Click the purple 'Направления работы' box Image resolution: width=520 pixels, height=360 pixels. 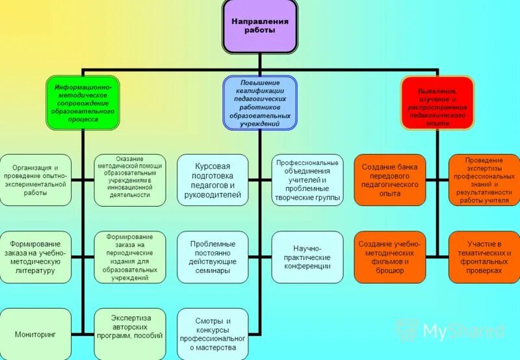(x=259, y=26)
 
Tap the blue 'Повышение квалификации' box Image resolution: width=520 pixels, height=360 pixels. (x=260, y=103)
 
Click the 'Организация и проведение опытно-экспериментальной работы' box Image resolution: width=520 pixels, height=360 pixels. (x=35, y=180)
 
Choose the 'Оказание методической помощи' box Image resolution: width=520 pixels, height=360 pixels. (x=130, y=180)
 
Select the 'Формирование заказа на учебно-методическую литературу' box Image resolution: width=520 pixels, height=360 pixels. (x=35, y=257)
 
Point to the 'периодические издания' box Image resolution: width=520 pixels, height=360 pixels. (x=130, y=257)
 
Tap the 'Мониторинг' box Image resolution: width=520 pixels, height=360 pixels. (x=35, y=333)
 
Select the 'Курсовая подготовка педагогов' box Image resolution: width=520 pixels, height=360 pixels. (x=213, y=180)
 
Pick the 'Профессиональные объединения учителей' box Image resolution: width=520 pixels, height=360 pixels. (x=307, y=180)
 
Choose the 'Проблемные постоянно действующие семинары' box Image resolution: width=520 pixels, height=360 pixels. (x=213, y=257)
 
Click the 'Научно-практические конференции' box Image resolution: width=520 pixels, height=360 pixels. (x=307, y=257)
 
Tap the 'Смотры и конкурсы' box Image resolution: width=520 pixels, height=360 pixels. (x=213, y=333)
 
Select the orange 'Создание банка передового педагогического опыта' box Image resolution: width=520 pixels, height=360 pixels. (x=389, y=180)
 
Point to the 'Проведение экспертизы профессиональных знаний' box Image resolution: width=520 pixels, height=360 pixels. (x=484, y=180)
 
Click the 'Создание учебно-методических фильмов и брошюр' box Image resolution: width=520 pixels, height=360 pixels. (x=389, y=257)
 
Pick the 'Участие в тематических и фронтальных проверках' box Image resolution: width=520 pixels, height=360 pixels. (x=484, y=257)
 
